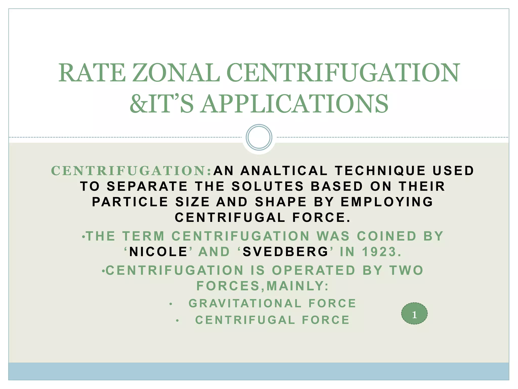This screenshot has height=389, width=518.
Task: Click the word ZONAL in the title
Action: point(176,73)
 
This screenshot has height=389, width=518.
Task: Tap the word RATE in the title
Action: point(92,73)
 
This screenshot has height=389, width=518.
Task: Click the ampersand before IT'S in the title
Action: point(138,104)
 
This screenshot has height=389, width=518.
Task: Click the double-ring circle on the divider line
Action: point(259,137)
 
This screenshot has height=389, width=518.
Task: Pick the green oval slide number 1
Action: point(414,314)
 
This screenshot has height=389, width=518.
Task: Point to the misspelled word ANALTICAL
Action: point(284,171)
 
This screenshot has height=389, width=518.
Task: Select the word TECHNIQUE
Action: point(380,171)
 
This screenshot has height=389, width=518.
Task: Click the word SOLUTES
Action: point(268,186)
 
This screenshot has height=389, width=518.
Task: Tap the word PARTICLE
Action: point(130,202)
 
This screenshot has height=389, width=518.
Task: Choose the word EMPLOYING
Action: point(387,202)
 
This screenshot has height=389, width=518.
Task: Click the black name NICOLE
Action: point(158,252)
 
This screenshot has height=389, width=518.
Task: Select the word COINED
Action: point(386,236)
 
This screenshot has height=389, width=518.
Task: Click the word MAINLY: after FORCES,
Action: point(298,286)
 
